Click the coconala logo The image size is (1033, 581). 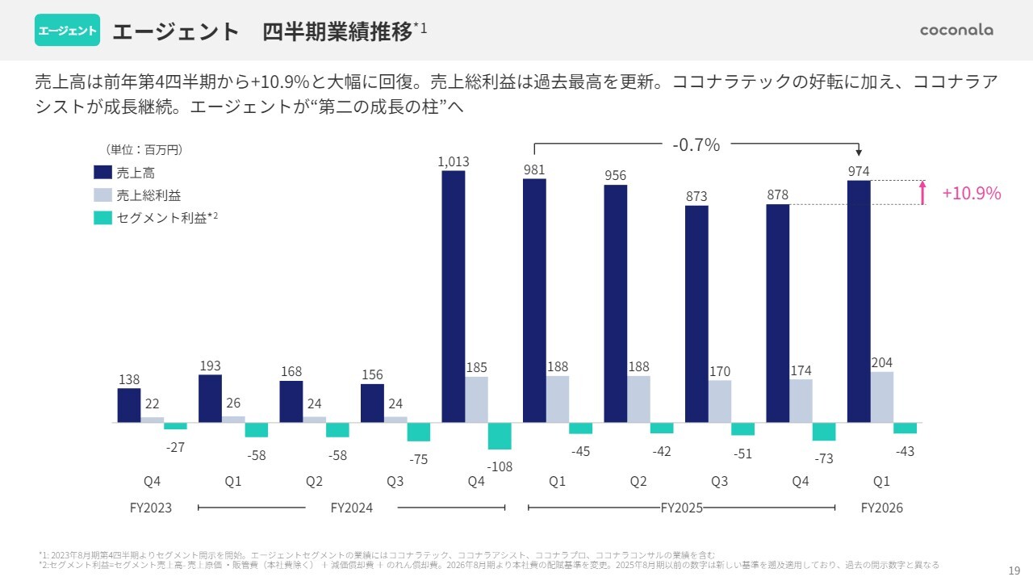click(956, 31)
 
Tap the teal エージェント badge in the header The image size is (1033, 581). click(67, 31)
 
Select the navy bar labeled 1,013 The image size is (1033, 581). click(454, 296)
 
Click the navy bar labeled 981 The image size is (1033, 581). click(534, 300)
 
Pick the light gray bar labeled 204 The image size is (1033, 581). click(882, 397)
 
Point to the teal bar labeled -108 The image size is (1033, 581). click(500, 436)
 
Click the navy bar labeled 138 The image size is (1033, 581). click(129, 405)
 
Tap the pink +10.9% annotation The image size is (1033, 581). click(972, 194)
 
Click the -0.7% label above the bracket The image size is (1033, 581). click(696, 145)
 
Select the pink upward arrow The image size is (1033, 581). click(922, 193)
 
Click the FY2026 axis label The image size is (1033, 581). click(881, 508)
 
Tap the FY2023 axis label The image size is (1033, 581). click(151, 508)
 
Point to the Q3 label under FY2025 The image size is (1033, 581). click(719, 482)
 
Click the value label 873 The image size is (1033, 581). click(696, 196)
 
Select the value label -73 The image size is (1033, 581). click(824, 458)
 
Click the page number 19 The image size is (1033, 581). click(1014, 569)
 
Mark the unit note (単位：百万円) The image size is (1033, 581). click(144, 149)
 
